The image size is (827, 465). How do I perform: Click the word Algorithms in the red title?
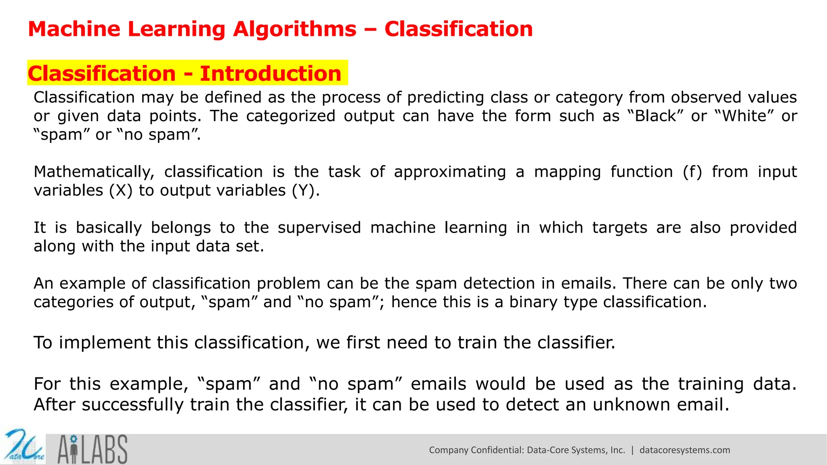coord(294,29)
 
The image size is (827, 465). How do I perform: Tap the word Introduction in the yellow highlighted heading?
coord(271,73)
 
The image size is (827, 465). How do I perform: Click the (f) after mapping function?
coord(692,172)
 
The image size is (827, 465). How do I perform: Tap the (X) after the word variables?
coord(121,191)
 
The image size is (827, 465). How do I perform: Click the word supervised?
coord(319,228)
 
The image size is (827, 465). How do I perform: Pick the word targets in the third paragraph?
coord(619,228)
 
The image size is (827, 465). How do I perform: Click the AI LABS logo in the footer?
coord(92,449)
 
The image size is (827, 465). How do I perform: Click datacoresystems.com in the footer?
coord(684,450)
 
